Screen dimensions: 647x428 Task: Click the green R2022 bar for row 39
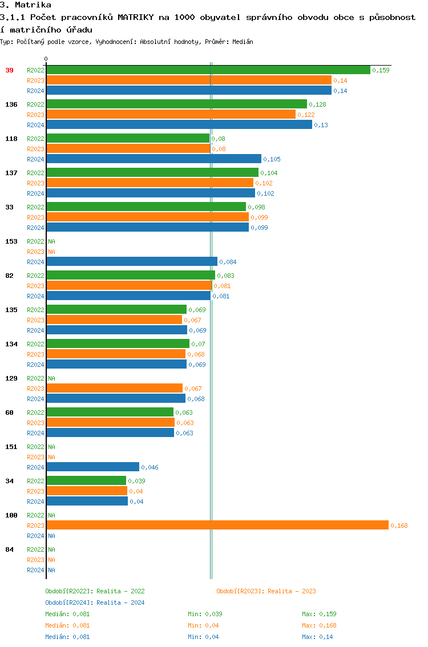[208, 70]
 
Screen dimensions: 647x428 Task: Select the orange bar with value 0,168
[217, 525]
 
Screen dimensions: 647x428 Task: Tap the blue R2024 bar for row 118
[154, 159]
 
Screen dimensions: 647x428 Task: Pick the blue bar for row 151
[93, 467]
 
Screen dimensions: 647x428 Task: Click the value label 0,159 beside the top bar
[381, 70]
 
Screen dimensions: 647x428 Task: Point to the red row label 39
[10, 70]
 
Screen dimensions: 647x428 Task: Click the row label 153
[11, 241]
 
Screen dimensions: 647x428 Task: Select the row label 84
[10, 549]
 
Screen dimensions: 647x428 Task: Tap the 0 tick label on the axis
[46, 59]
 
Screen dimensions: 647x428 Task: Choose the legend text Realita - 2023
[292, 591]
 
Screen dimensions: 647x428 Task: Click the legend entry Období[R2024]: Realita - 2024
[95, 602]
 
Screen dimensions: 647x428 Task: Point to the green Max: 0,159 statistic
[319, 614]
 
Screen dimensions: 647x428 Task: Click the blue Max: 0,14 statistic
[317, 637]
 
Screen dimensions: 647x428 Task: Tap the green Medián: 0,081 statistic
[67, 614]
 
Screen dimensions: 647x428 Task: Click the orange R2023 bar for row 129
[115, 389]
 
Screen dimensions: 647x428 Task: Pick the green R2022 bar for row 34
[86, 481]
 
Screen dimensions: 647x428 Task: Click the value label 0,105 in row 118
[272, 159]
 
